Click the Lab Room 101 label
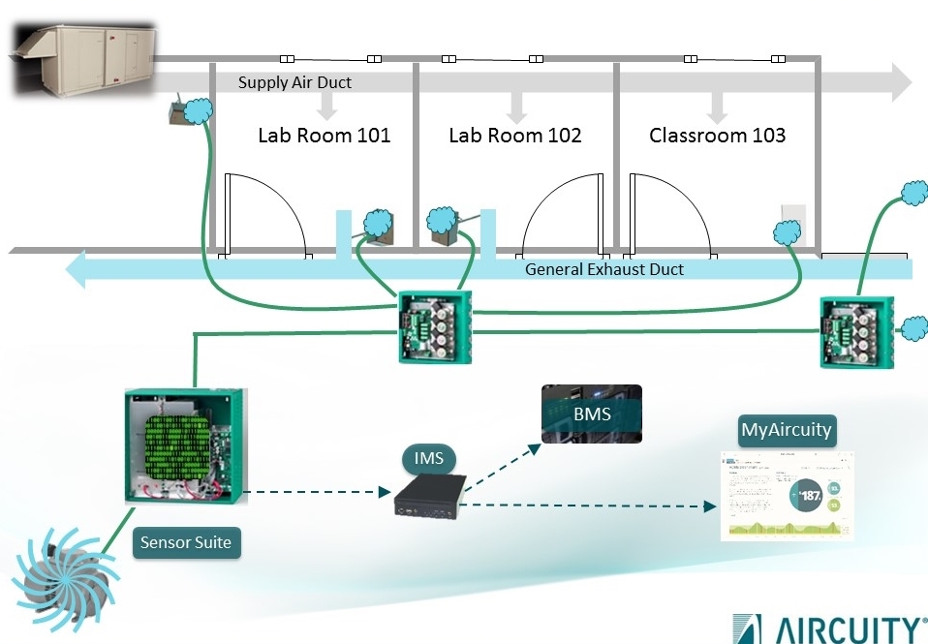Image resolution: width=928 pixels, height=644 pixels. point(324,136)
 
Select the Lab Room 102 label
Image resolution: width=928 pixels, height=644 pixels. point(514,136)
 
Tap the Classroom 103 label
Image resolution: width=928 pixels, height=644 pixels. point(717,136)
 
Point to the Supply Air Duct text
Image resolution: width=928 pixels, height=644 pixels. point(294,83)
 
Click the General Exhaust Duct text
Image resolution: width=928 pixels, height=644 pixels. point(603,269)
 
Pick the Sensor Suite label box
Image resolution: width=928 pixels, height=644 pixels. point(185,542)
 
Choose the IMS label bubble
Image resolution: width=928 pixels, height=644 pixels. point(428,457)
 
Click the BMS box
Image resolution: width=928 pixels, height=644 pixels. point(591,414)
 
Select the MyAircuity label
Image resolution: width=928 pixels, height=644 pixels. point(786,430)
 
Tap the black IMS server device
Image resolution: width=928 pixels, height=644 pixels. point(426,494)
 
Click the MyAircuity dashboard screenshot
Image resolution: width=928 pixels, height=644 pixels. point(788,495)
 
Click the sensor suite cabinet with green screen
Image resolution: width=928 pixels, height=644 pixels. point(183,446)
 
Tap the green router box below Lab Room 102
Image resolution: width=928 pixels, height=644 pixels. point(434,325)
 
